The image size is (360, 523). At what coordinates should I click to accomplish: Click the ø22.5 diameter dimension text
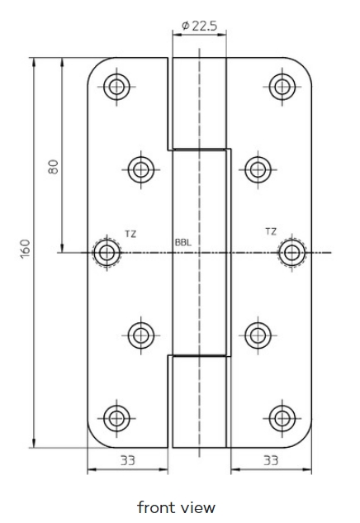pyautogui.click(x=199, y=26)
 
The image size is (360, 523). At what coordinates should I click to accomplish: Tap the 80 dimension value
pyautogui.click(x=53, y=167)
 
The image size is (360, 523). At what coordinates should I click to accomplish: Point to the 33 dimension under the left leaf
pyautogui.click(x=128, y=461)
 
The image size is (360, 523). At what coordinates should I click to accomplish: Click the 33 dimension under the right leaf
pyautogui.click(x=271, y=461)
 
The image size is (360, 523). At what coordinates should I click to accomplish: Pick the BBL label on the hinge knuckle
pyautogui.click(x=183, y=242)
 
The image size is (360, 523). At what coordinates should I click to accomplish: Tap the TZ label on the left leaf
pyautogui.click(x=130, y=234)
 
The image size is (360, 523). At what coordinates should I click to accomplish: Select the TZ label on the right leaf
pyautogui.click(x=271, y=231)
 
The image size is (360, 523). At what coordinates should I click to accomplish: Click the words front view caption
pyautogui.click(x=177, y=507)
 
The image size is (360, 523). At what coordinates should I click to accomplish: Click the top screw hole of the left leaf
pyautogui.click(x=116, y=87)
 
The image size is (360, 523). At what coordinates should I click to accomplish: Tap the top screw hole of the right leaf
pyautogui.click(x=282, y=87)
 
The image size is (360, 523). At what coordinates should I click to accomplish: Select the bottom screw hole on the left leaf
pyautogui.click(x=116, y=418)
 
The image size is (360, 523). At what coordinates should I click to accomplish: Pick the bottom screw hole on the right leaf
pyautogui.click(x=282, y=418)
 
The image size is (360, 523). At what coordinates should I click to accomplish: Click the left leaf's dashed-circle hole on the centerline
pyautogui.click(x=107, y=253)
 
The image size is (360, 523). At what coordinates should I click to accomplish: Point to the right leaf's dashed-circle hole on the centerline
pyautogui.click(x=292, y=253)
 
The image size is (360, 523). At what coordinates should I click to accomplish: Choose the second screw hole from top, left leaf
pyautogui.click(x=141, y=169)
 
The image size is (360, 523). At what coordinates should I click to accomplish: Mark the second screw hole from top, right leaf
pyautogui.click(x=258, y=169)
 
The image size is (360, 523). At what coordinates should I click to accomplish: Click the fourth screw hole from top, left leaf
pyautogui.click(x=141, y=335)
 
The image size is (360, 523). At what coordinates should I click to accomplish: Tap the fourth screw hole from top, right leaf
pyautogui.click(x=258, y=335)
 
